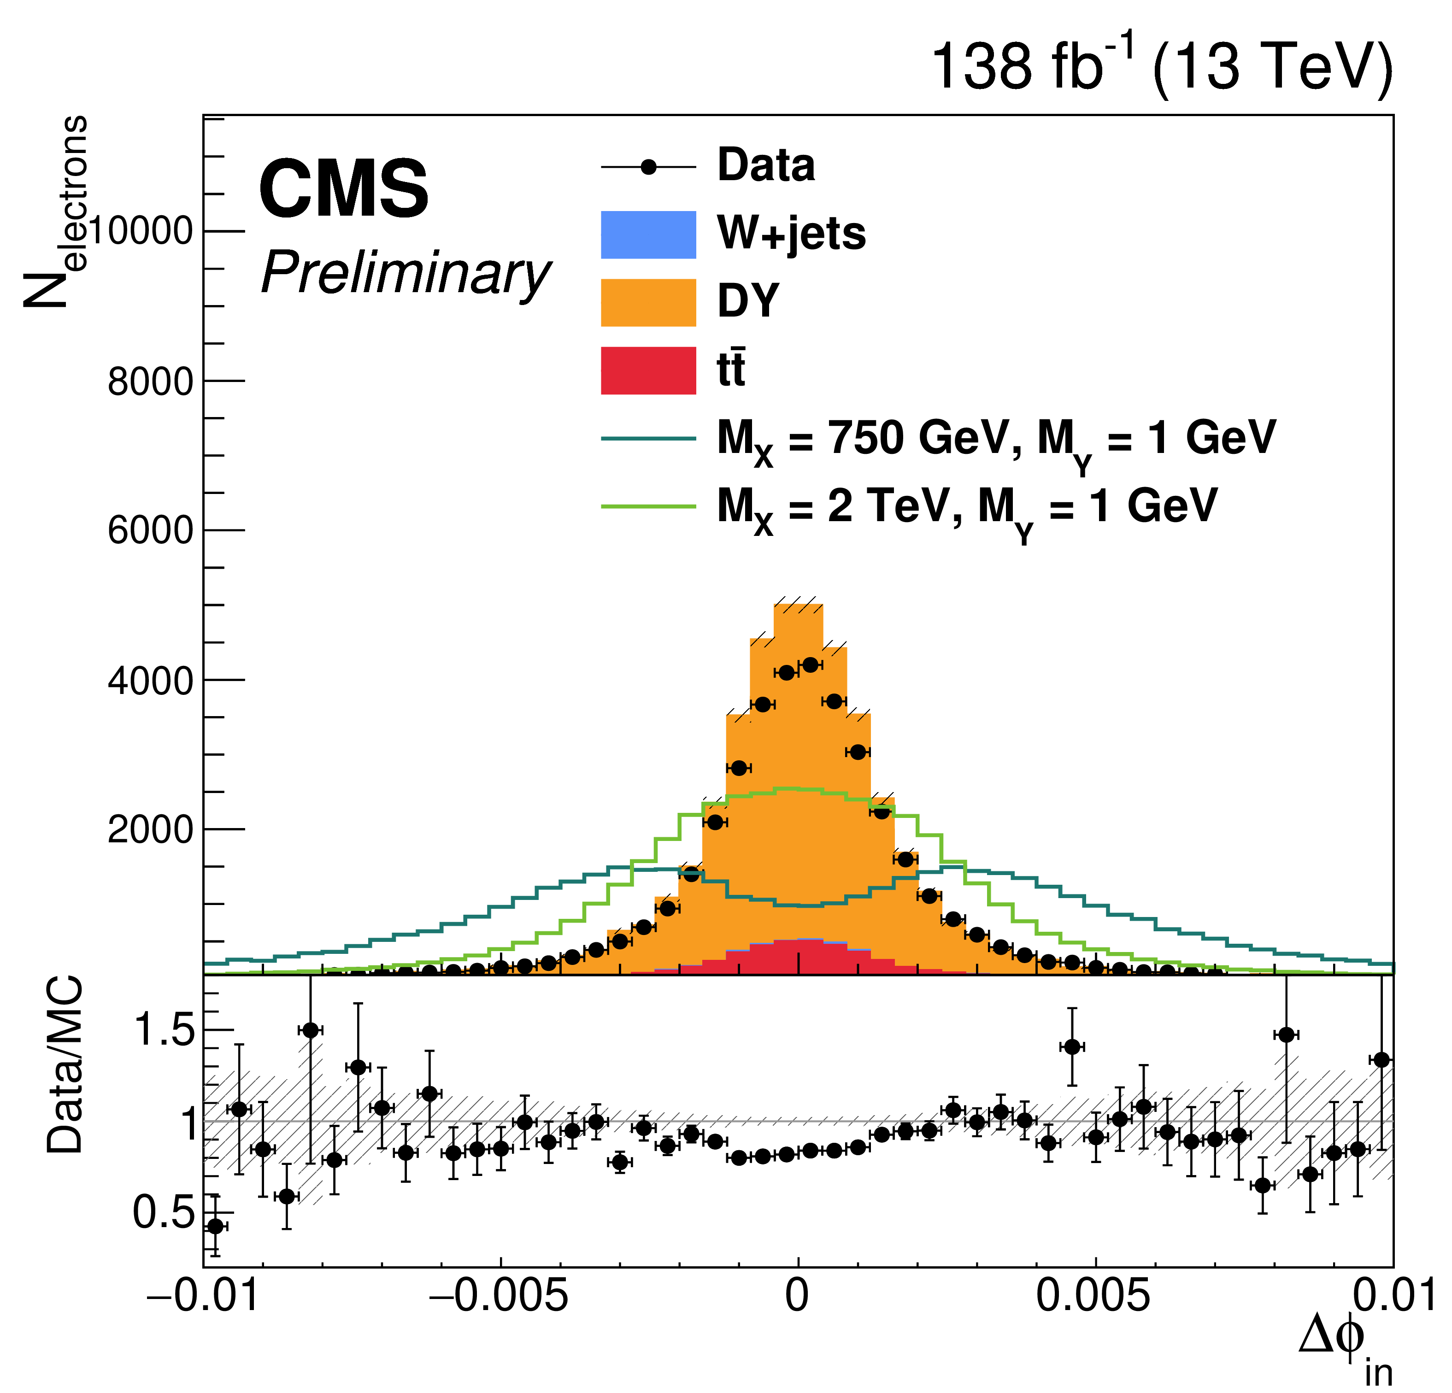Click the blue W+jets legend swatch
point(648,235)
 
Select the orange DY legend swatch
point(648,302)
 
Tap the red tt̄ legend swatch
point(648,370)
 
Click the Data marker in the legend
point(648,167)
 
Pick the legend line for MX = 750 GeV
point(648,439)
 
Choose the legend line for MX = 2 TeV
point(648,507)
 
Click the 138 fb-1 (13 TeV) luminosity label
point(1161,67)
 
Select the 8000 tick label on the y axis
point(150,382)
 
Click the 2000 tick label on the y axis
point(150,830)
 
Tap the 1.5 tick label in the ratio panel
point(163,1030)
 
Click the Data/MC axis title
point(65,1067)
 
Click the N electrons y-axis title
point(56,211)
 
